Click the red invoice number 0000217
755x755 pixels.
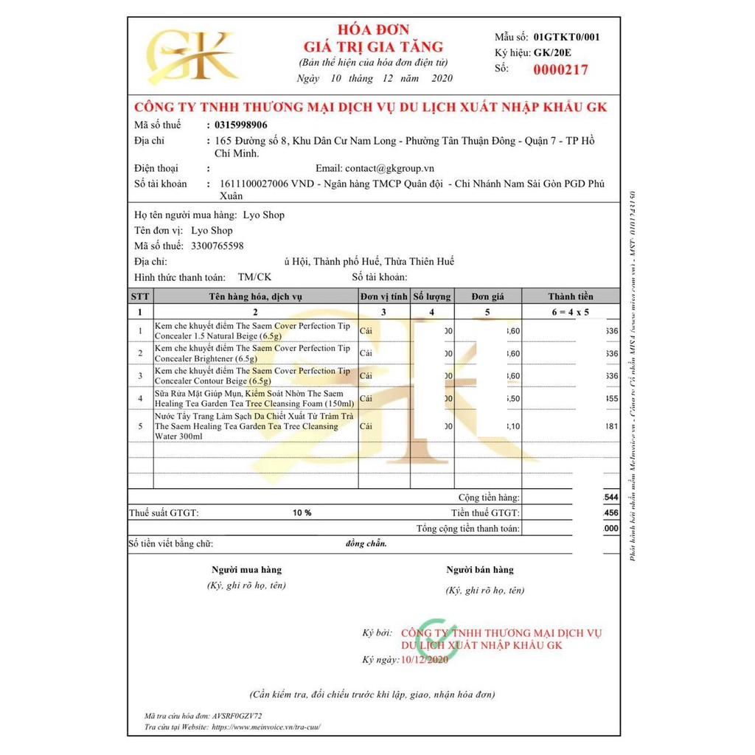pyautogui.click(x=560, y=70)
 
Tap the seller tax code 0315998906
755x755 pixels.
pyautogui.click(x=239, y=125)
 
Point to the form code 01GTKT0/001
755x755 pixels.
pyautogui.click(x=566, y=36)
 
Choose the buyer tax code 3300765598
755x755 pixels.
pyautogui.click(x=217, y=246)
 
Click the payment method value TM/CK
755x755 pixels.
pyautogui.click(x=254, y=277)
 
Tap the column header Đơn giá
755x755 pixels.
pyautogui.click(x=488, y=296)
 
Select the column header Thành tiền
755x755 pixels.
pyautogui.click(x=571, y=296)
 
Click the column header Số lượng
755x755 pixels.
pyautogui.click(x=431, y=296)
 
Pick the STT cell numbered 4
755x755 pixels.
pyautogui.click(x=140, y=399)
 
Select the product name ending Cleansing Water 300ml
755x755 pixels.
pyautogui.click(x=246, y=426)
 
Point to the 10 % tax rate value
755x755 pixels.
pyautogui.click(x=302, y=512)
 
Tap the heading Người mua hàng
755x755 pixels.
pyautogui.click(x=246, y=569)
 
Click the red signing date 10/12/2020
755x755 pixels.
pyautogui.click(x=424, y=659)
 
